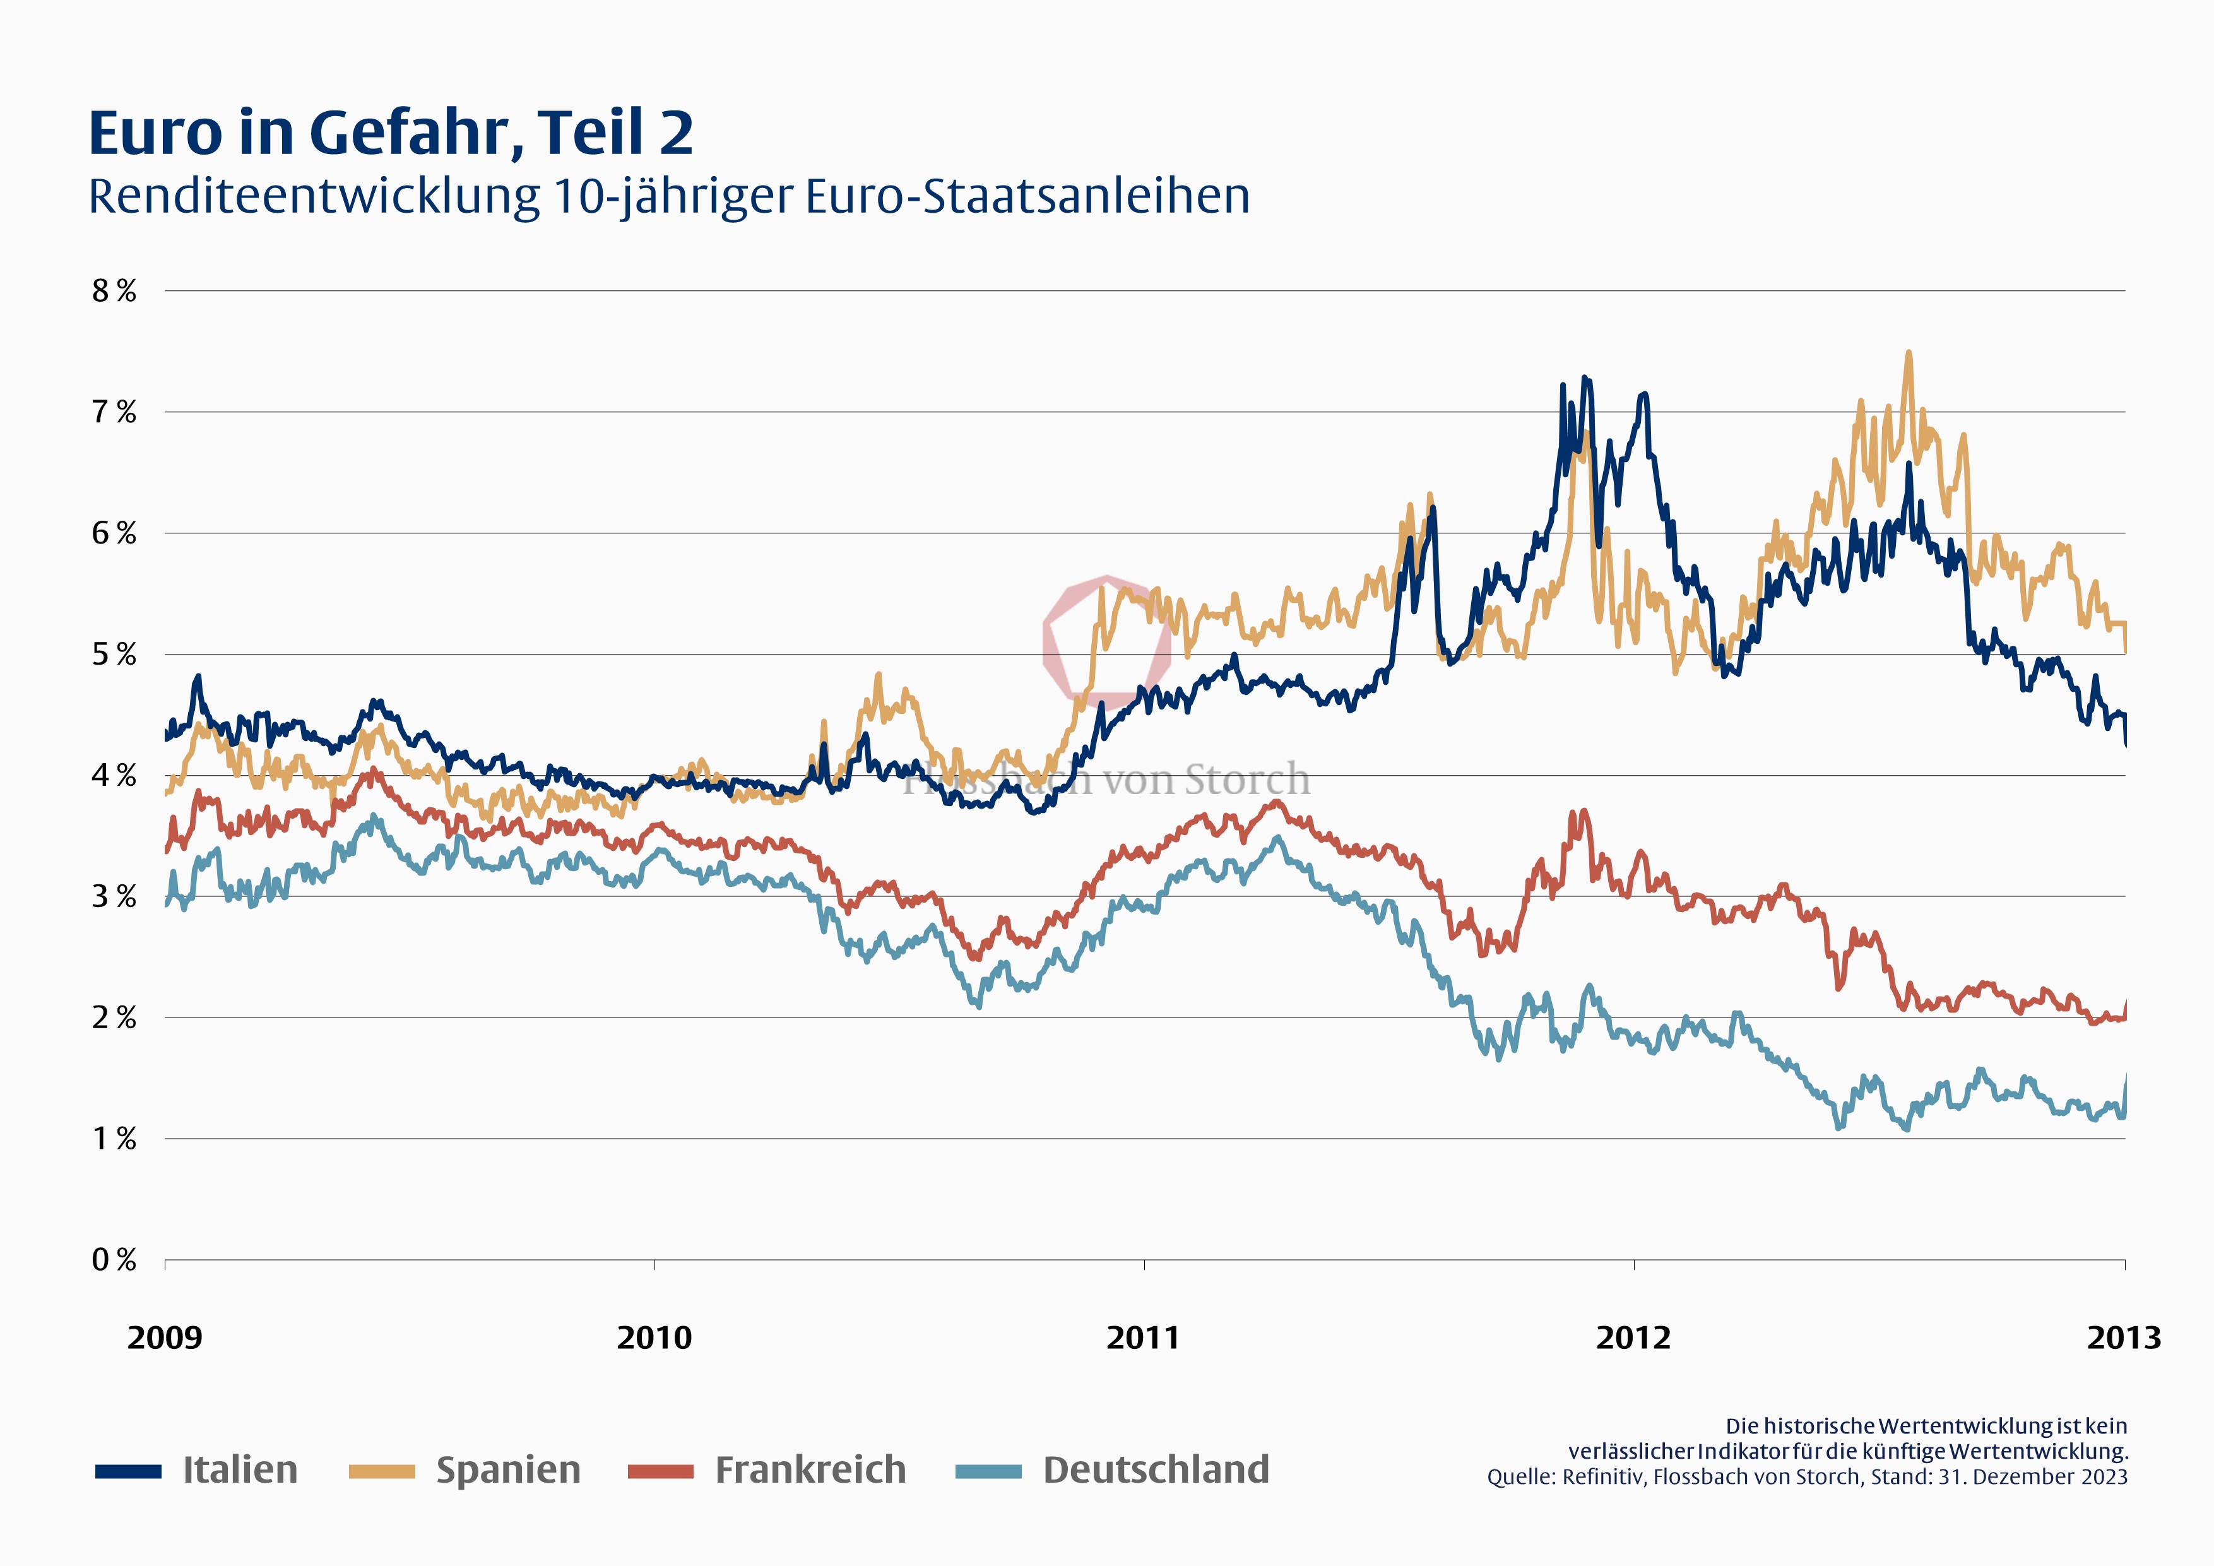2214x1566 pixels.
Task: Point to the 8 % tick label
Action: click(x=114, y=290)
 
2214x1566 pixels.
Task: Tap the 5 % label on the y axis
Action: click(x=114, y=655)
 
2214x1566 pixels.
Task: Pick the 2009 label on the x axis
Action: click(x=165, y=1338)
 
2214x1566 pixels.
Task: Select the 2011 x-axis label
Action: click(x=1144, y=1338)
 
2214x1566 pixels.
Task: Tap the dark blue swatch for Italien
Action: click(x=128, y=1471)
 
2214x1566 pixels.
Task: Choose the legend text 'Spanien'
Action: click(x=508, y=1469)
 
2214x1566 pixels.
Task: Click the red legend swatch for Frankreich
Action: click(x=661, y=1471)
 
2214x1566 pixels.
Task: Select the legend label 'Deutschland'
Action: click(x=1156, y=1469)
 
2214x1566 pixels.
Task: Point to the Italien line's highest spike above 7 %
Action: click(x=1584, y=378)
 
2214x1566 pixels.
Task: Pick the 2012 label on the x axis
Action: click(x=1633, y=1338)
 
